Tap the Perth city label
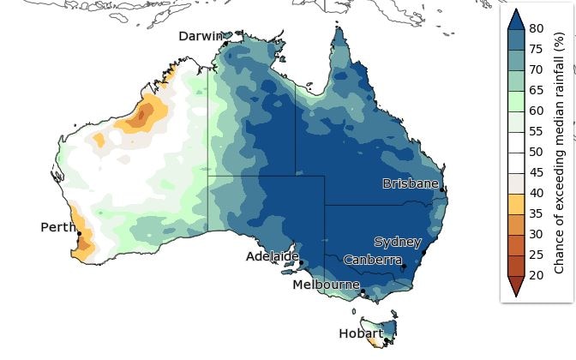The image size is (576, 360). click(57, 227)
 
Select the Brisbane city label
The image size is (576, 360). click(411, 183)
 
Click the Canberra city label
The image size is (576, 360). click(373, 259)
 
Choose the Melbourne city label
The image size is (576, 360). click(326, 284)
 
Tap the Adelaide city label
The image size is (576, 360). click(273, 255)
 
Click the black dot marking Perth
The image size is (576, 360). click(79, 233)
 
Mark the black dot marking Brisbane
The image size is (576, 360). click(441, 189)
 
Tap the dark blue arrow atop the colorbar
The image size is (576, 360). click(517, 18)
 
